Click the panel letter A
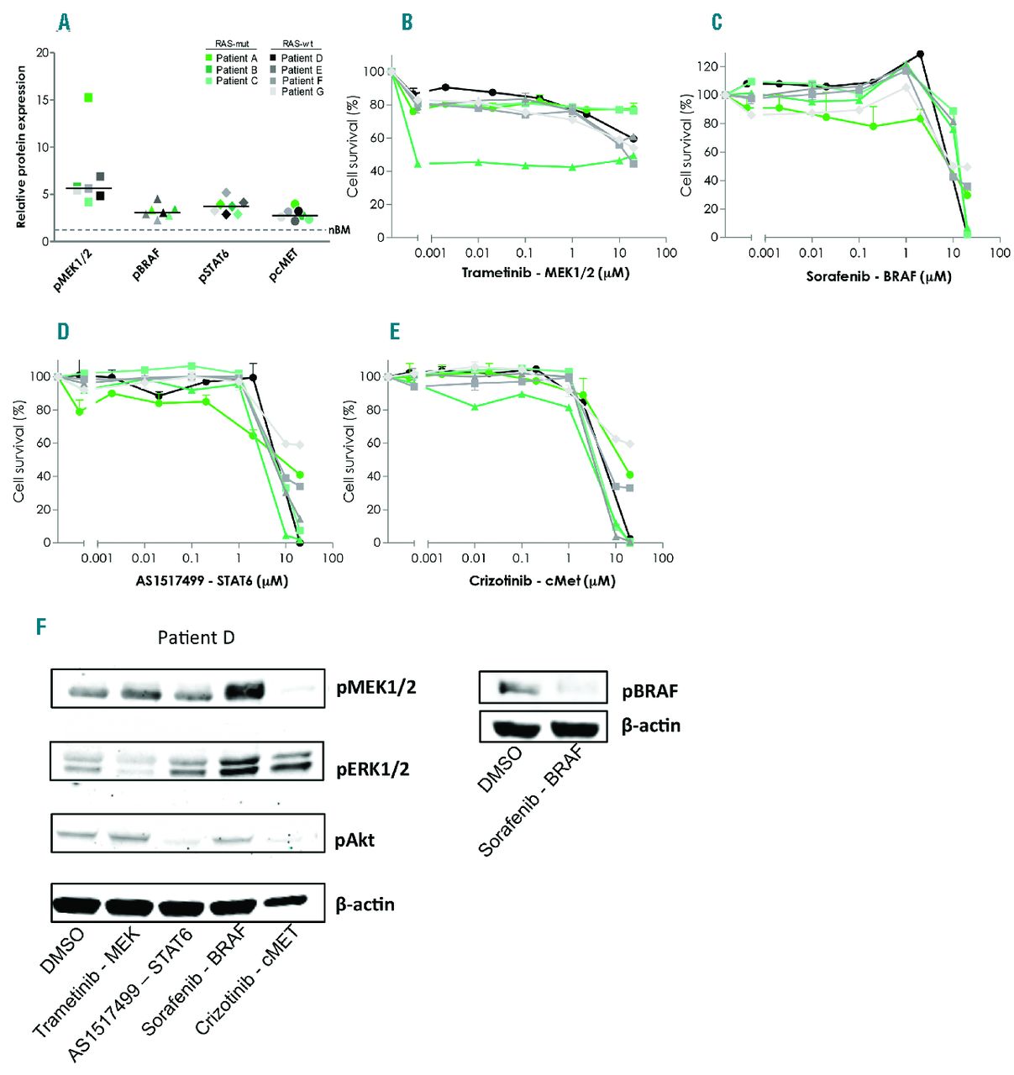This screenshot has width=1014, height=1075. click(x=64, y=23)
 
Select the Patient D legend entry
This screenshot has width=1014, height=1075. click(x=302, y=58)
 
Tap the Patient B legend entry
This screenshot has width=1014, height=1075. click(x=236, y=70)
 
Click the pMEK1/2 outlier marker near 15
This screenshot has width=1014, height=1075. click(x=88, y=98)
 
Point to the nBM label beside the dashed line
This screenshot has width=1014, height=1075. click(x=339, y=229)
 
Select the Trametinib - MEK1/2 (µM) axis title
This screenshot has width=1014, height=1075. click(x=545, y=273)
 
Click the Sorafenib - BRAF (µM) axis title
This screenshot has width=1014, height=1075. click(x=879, y=275)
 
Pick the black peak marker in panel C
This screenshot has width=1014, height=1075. click(x=920, y=55)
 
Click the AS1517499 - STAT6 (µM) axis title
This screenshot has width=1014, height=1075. click(x=212, y=580)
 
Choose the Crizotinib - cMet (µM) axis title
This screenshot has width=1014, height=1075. click(x=542, y=580)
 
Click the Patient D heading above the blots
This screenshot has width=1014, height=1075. click(x=196, y=638)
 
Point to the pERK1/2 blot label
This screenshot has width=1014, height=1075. click(x=372, y=769)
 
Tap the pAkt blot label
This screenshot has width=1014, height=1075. click(x=355, y=840)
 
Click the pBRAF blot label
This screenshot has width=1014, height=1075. click(x=649, y=692)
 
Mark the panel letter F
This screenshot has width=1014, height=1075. click(x=41, y=627)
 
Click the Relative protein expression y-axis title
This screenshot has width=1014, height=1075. click(x=21, y=147)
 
